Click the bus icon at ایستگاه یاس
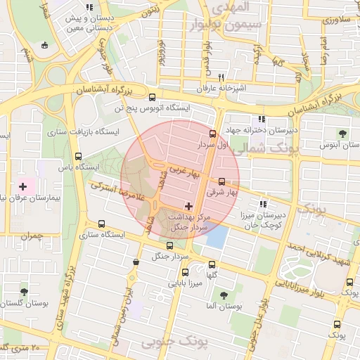(x=78, y=157)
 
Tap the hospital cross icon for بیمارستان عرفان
(x=23, y=186)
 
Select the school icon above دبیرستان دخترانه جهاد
(x=262, y=120)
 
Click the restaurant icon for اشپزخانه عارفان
(x=221, y=77)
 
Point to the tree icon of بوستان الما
(x=224, y=295)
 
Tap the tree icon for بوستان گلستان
(x=25, y=291)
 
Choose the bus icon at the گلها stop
(x=212, y=265)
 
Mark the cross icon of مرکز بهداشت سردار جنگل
(x=188, y=206)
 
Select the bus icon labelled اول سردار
(x=213, y=134)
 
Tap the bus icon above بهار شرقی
(x=222, y=181)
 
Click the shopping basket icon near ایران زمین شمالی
(x=136, y=262)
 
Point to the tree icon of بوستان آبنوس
(x=342, y=133)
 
